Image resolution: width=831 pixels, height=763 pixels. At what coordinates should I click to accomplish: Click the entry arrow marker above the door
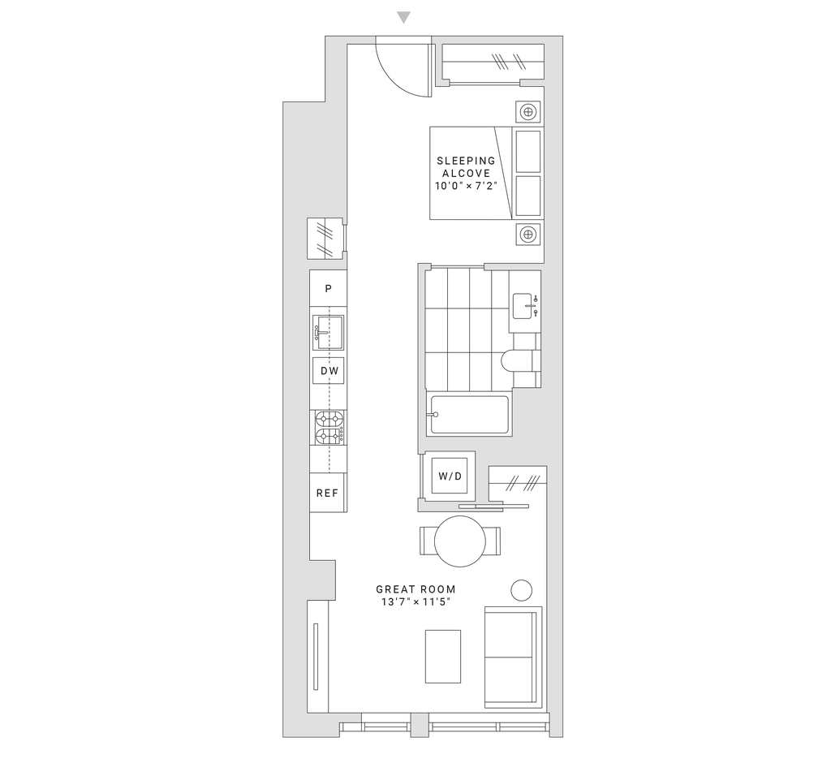coord(404,18)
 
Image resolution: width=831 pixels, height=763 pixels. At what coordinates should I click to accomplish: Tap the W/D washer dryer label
coord(450,476)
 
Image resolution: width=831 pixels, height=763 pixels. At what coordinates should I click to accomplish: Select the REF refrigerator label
coord(328,494)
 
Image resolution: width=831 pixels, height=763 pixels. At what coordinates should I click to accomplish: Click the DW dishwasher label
coord(329,371)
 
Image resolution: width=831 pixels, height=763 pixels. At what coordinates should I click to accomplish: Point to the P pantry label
coord(329,288)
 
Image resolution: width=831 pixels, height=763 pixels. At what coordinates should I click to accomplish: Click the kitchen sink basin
coord(328,333)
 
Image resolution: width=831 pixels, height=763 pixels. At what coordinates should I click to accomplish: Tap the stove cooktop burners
coord(329,428)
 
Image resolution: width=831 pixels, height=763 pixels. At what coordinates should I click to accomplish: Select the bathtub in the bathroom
coord(470,415)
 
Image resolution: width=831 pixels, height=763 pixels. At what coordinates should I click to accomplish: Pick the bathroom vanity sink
coord(525,305)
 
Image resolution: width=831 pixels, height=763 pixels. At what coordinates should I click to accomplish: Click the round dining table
coord(460,541)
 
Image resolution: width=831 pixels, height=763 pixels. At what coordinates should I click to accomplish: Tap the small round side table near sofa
coord(522,590)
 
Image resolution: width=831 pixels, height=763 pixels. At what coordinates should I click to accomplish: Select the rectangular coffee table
coord(443,657)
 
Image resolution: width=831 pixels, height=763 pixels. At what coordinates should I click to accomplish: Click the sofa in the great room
coord(513,657)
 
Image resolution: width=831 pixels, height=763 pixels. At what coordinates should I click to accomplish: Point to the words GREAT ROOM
coord(416,589)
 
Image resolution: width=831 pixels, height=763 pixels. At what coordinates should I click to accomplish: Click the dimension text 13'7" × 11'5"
coord(416,601)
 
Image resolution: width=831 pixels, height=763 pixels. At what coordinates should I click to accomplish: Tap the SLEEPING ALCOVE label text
coord(466,166)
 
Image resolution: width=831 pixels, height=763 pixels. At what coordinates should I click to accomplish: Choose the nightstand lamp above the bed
coord(527,112)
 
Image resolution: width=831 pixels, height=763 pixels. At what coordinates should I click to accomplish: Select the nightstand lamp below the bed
coord(527,234)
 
